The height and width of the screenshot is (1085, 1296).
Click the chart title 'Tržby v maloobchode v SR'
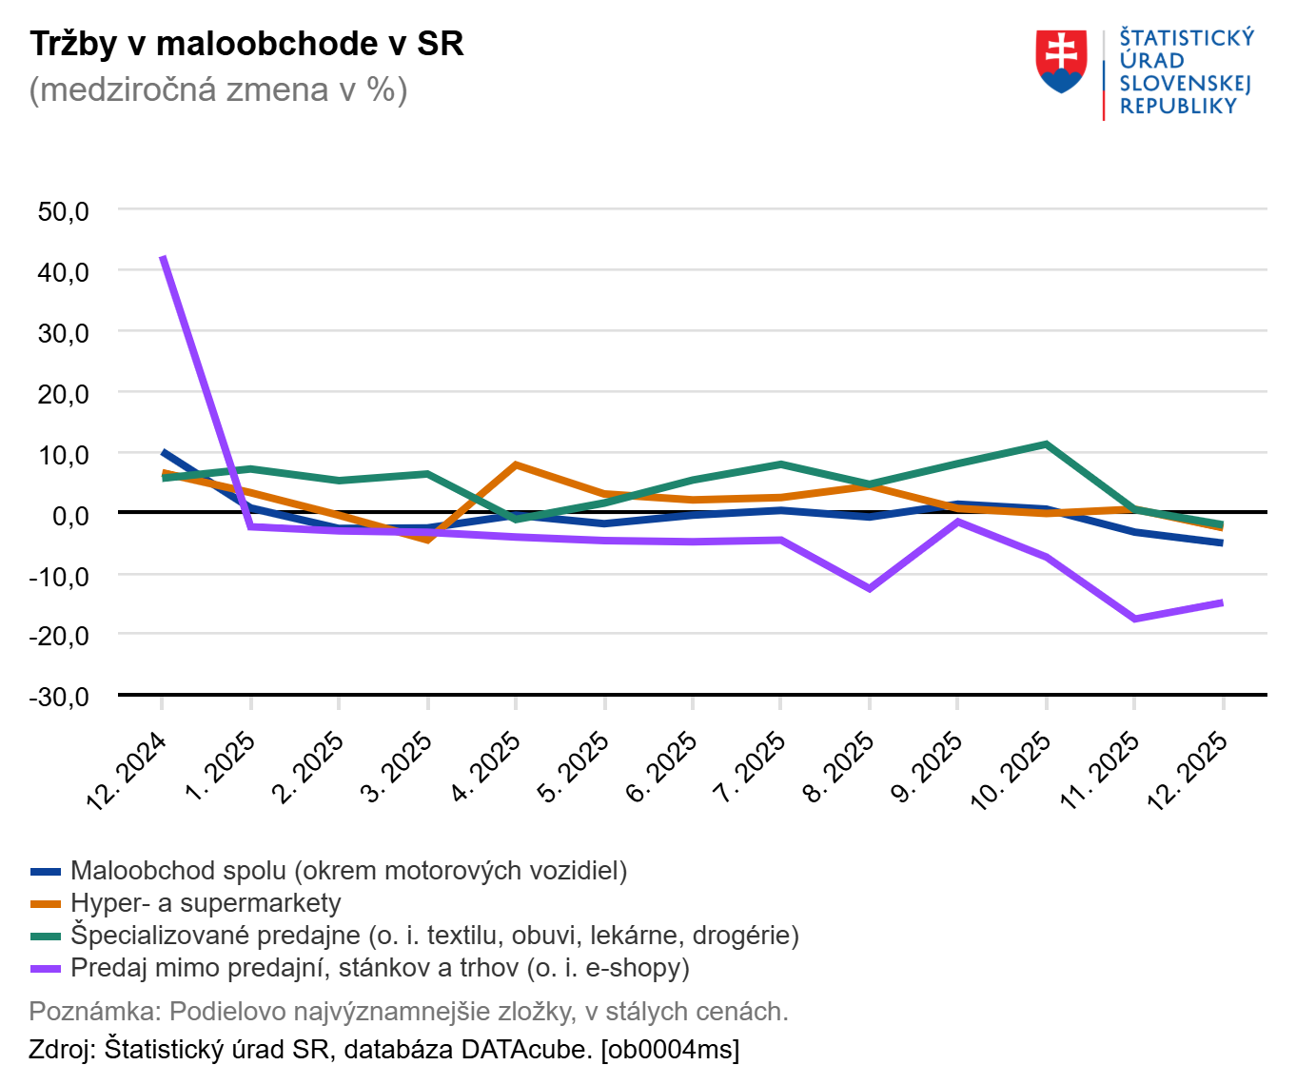(x=246, y=44)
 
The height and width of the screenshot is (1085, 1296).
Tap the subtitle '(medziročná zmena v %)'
(x=218, y=89)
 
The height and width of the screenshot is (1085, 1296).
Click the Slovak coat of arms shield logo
(x=1061, y=62)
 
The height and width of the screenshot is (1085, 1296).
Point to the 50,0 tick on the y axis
(x=63, y=211)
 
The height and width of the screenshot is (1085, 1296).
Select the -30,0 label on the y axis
(x=59, y=697)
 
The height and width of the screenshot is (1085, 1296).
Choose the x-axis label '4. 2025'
(x=486, y=766)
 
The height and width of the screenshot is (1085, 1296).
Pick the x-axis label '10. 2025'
(x=1011, y=770)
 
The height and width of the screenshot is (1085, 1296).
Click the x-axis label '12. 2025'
(x=1188, y=770)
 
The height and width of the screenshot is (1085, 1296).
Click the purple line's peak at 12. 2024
(x=164, y=257)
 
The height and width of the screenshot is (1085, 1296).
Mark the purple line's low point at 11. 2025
(x=1134, y=619)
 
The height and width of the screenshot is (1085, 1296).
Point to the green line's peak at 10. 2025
(x=1046, y=444)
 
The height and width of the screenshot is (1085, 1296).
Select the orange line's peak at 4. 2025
(x=516, y=464)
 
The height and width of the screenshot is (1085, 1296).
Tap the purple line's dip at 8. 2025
(x=869, y=588)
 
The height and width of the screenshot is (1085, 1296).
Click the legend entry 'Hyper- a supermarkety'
(x=206, y=903)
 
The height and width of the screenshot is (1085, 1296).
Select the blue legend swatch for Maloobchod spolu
(x=46, y=871)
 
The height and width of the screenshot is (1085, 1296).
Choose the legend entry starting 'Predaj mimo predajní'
(x=380, y=968)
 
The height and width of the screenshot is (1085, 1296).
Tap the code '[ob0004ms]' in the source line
(x=670, y=1050)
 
